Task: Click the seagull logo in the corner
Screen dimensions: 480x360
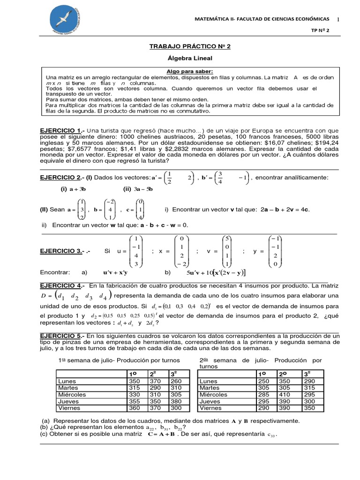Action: pyautogui.click(x=68, y=21)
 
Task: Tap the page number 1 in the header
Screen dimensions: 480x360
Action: pyautogui.click(x=337, y=19)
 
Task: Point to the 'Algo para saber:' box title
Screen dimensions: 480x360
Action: pyautogui.click(x=189, y=71)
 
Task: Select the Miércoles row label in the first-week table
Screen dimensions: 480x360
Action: pyautogui.click(x=72, y=395)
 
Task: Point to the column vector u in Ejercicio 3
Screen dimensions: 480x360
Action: pyautogui.click(x=136, y=251)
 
